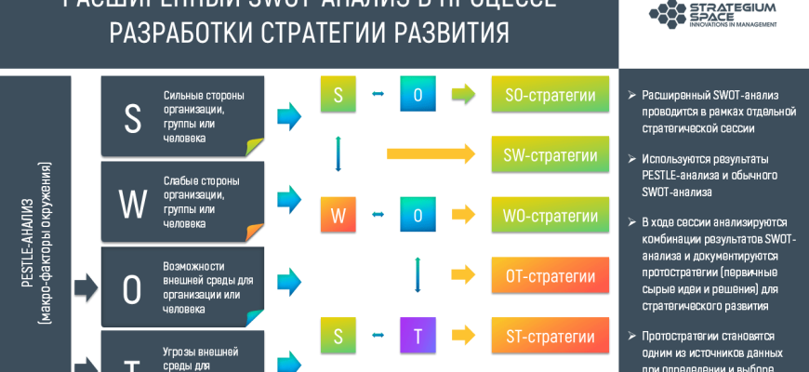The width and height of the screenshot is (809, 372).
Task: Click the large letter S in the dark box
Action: (132, 118)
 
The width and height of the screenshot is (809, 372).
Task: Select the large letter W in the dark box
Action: (132, 204)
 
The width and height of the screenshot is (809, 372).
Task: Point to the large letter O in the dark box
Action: (132, 289)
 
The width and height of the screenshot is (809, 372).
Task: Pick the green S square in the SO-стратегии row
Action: (338, 94)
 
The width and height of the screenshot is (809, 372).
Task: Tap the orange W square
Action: (338, 216)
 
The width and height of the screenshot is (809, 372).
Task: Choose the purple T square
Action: (418, 336)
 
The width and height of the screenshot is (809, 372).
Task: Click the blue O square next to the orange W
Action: (418, 216)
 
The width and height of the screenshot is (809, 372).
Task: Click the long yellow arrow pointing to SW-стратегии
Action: (431, 154)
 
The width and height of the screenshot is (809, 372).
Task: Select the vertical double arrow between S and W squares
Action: (338, 154)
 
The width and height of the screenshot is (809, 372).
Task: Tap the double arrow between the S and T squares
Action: (378, 336)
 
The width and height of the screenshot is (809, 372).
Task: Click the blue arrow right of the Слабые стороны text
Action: (289, 198)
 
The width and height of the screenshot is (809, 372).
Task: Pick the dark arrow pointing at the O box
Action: (86, 288)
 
